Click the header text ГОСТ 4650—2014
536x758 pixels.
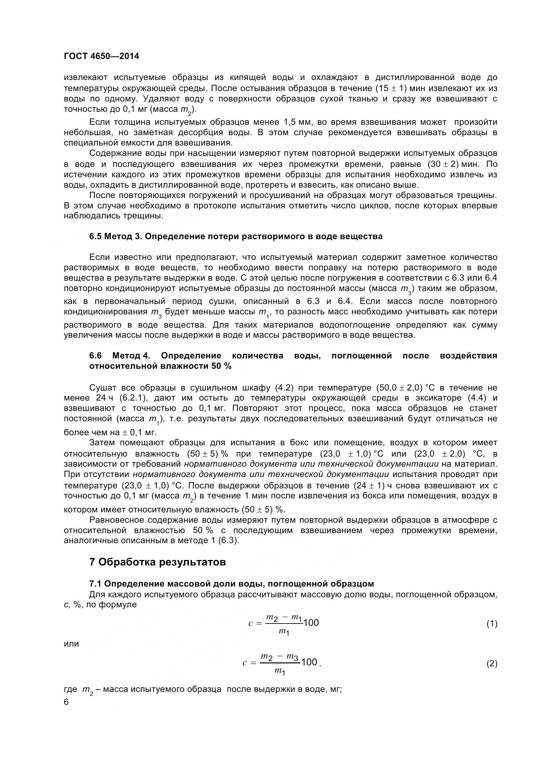click(101, 56)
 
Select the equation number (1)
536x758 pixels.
click(492, 624)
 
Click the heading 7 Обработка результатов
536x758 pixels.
click(157, 562)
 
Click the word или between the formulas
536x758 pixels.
click(71, 644)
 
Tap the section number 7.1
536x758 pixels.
click(95, 584)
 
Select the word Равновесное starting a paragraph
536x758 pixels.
click(117, 519)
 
